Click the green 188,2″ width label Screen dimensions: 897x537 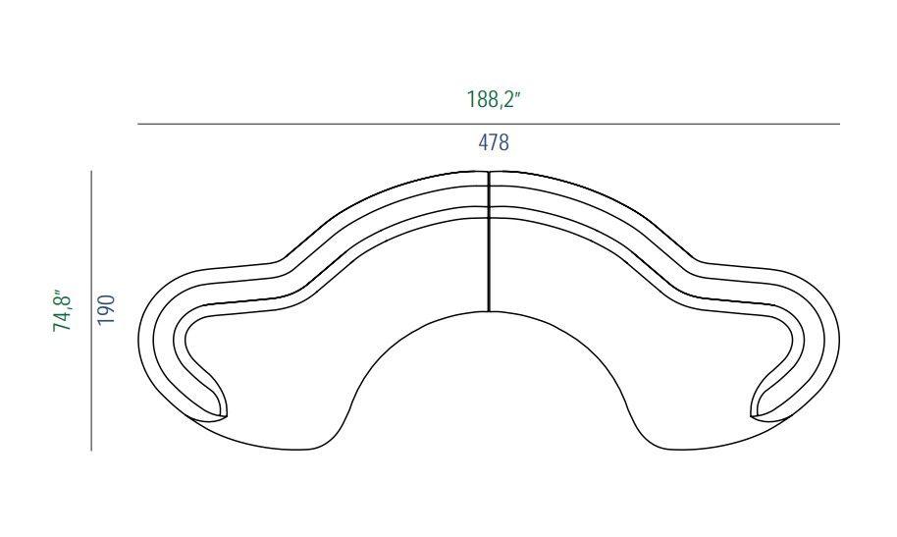click(x=493, y=99)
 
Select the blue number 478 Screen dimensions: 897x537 click(x=493, y=142)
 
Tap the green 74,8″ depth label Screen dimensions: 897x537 click(x=62, y=310)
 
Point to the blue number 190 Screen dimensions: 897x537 click(x=106, y=310)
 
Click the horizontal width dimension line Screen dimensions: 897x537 click(x=489, y=124)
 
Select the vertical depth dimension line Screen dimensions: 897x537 click(x=91, y=311)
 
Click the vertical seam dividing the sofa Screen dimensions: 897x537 click(x=489, y=242)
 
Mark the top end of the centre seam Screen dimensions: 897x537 click(x=489, y=171)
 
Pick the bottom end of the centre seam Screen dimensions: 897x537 click(x=489, y=312)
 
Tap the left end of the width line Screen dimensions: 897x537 click(x=137, y=124)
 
